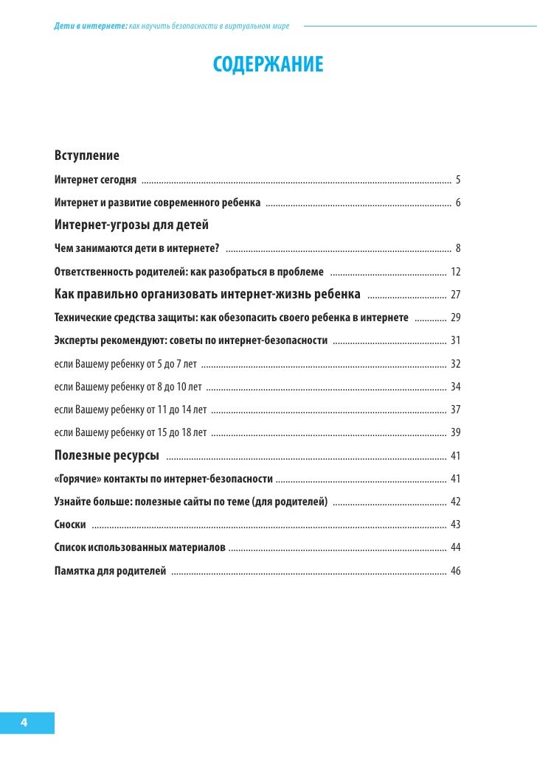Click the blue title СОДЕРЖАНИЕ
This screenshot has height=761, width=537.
[x=268, y=64]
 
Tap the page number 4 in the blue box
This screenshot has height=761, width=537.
[x=24, y=722]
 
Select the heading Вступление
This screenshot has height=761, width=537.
[x=86, y=155]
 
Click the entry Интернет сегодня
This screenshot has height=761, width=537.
[x=95, y=179]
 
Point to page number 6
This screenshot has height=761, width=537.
[x=458, y=203]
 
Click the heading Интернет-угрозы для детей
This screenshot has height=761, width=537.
[x=132, y=225]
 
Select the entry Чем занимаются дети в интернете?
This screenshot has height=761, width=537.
[x=137, y=248]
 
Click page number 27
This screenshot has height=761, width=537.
[x=455, y=295]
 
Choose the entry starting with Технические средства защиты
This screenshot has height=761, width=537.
[x=232, y=317]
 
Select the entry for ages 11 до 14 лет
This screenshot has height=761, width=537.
[x=131, y=410]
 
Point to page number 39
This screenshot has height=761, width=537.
[x=455, y=432]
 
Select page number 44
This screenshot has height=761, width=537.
[x=455, y=547]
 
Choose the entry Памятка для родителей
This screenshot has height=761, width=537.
[x=110, y=571]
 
